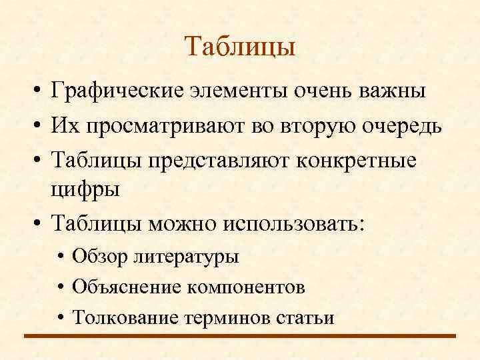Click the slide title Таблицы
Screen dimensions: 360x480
pos(239,47)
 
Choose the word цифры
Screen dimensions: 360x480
pos(85,189)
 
